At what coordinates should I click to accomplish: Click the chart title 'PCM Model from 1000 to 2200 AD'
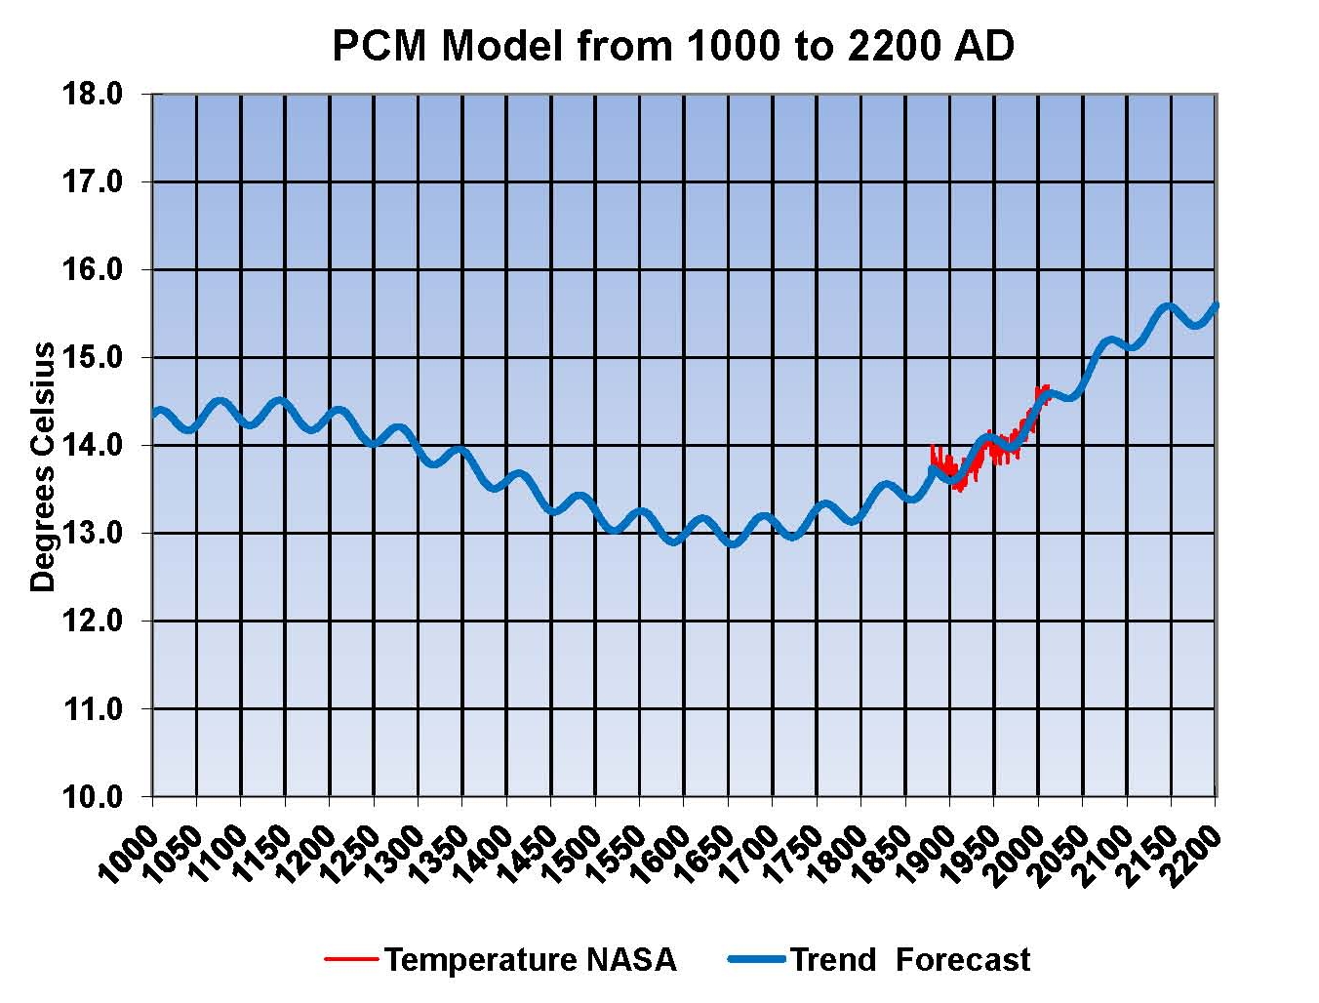[x=672, y=46]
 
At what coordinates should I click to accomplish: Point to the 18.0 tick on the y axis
[x=93, y=95]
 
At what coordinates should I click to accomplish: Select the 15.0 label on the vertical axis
[x=93, y=358]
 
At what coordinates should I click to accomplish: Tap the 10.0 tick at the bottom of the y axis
[x=93, y=797]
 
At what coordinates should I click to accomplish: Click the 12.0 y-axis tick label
[x=93, y=622]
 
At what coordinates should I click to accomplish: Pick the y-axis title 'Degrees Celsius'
[x=43, y=467]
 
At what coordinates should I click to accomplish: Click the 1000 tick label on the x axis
[x=127, y=854]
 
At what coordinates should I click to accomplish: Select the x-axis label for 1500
[x=570, y=854]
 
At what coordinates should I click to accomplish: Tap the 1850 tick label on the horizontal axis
[x=880, y=854]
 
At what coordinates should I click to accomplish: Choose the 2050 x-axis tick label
[x=1058, y=854]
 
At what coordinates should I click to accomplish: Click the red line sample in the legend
[x=350, y=960]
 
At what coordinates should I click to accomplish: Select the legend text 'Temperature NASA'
[x=530, y=960]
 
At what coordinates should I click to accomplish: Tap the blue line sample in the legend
[x=756, y=960]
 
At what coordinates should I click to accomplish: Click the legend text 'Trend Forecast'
[x=909, y=960]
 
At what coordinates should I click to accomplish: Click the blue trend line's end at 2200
[x=1215, y=306]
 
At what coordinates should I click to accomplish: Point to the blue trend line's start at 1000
[x=155, y=414]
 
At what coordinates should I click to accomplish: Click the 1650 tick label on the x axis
[x=702, y=854]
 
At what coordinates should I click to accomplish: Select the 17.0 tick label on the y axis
[x=93, y=182]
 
